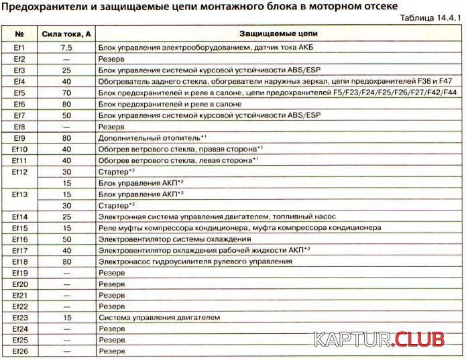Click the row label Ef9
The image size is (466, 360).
tap(20, 137)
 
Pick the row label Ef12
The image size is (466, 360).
tap(20, 172)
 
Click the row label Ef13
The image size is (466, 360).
tap(20, 194)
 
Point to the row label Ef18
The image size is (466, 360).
tap(20, 262)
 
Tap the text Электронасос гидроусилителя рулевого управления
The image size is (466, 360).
tap(194, 262)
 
